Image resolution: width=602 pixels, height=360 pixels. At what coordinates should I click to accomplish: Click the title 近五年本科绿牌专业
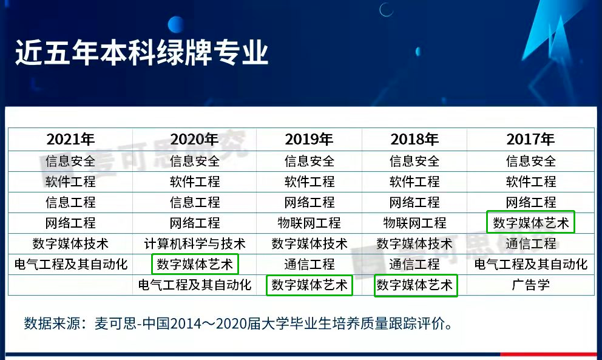click(x=141, y=53)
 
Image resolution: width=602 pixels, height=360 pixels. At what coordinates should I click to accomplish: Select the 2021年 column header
click(x=70, y=139)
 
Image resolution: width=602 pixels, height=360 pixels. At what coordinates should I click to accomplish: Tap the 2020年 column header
click(x=194, y=139)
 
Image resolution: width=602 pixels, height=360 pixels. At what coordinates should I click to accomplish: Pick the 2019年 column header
click(x=309, y=139)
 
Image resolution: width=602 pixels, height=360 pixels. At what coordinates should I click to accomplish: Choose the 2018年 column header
click(x=414, y=139)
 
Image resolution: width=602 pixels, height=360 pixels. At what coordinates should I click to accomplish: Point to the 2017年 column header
click(x=530, y=139)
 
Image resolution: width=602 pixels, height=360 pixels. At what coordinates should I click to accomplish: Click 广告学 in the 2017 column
click(x=530, y=285)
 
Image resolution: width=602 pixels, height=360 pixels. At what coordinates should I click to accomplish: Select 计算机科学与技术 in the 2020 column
click(x=194, y=243)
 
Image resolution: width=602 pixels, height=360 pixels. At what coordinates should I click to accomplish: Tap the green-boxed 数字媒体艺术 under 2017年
click(x=530, y=223)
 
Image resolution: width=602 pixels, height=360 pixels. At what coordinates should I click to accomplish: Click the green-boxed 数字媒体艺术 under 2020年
click(x=194, y=264)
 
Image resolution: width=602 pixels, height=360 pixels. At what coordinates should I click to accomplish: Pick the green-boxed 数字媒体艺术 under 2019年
click(x=309, y=285)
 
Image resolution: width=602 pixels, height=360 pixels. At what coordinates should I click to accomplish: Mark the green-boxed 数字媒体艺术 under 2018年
click(x=414, y=285)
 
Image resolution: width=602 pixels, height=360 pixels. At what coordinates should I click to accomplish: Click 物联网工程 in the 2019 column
click(x=309, y=223)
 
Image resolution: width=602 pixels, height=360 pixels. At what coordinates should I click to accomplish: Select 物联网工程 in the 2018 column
click(x=414, y=223)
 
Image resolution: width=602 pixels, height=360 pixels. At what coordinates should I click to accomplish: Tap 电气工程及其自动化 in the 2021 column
click(x=70, y=264)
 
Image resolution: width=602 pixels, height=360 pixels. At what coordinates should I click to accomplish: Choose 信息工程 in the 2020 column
click(x=194, y=202)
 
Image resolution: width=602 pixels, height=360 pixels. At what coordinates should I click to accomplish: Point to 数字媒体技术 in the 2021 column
click(x=70, y=243)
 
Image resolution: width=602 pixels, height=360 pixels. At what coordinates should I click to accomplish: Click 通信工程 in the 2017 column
click(x=530, y=243)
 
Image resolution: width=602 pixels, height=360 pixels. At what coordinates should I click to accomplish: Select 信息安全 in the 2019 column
click(x=309, y=161)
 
